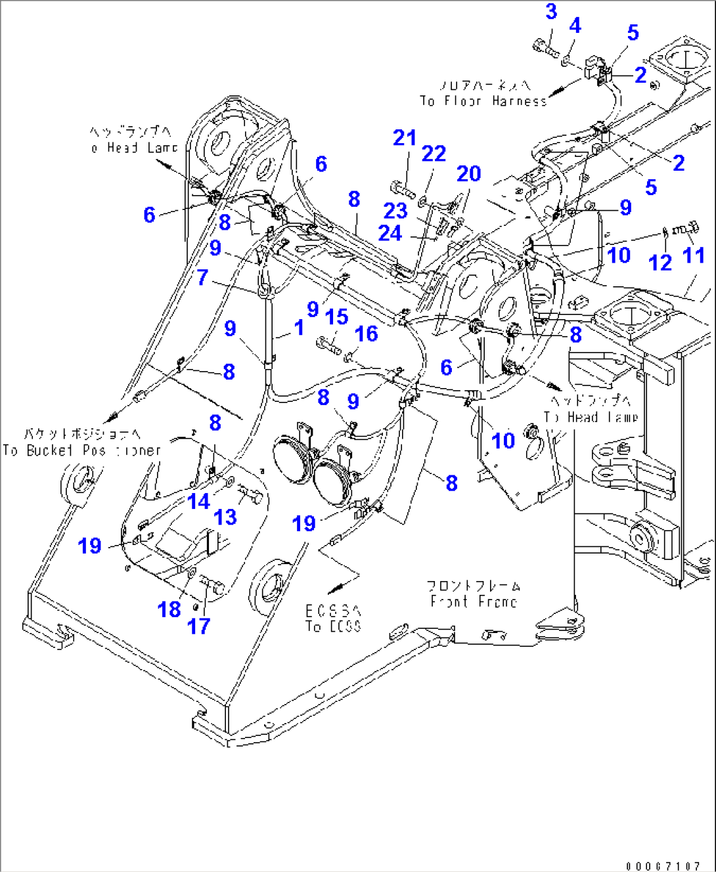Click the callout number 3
(x=551, y=12)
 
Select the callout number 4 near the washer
(x=575, y=26)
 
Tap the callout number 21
(x=405, y=138)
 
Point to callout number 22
(x=434, y=154)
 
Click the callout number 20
(x=469, y=174)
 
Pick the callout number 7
(x=202, y=278)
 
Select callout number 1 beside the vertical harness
(x=300, y=328)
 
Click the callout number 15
(x=336, y=317)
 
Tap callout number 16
(x=366, y=334)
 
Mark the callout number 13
(x=225, y=517)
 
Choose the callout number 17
(x=198, y=626)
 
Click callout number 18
(x=169, y=610)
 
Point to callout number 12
(x=660, y=263)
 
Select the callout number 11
(x=694, y=255)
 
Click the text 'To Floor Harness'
(x=483, y=101)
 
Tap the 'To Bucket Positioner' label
(x=81, y=450)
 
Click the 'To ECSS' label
(x=333, y=626)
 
